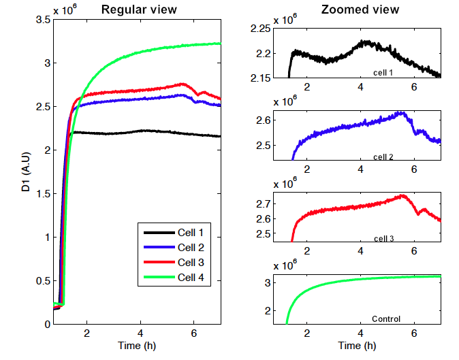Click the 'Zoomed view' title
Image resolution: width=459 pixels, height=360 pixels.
pos(360,10)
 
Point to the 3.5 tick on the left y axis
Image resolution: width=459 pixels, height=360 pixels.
pos(42,20)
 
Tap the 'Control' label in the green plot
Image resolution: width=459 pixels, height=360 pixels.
pos(385,318)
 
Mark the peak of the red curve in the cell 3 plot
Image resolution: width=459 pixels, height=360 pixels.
pos(403,196)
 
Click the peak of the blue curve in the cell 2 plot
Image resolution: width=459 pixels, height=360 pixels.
pos(402,113)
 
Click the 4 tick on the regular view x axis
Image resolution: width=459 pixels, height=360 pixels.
pos(140,332)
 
